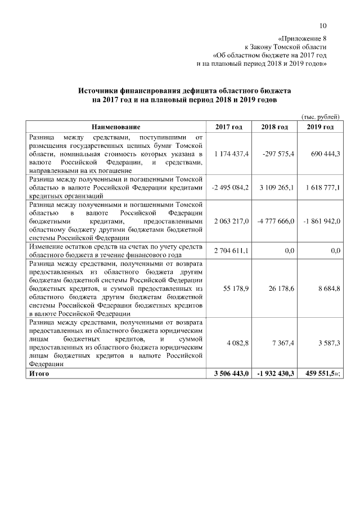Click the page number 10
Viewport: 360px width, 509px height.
point(323,25)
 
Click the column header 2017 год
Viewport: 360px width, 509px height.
point(229,128)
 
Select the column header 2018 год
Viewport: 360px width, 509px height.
point(274,128)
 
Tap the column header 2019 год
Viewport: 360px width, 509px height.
point(320,128)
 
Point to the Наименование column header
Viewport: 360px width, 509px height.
point(116,128)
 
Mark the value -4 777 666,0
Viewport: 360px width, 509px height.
point(275,222)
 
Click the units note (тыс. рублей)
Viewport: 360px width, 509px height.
point(321,116)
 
